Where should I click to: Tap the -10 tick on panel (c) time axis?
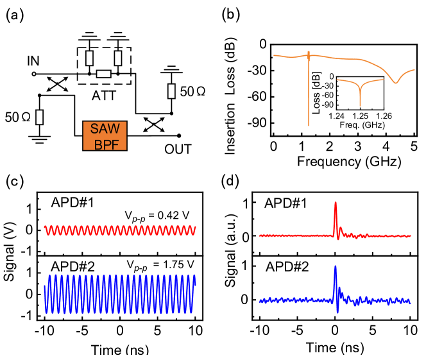(44, 337)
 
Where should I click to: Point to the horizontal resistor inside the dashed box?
(103, 74)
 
